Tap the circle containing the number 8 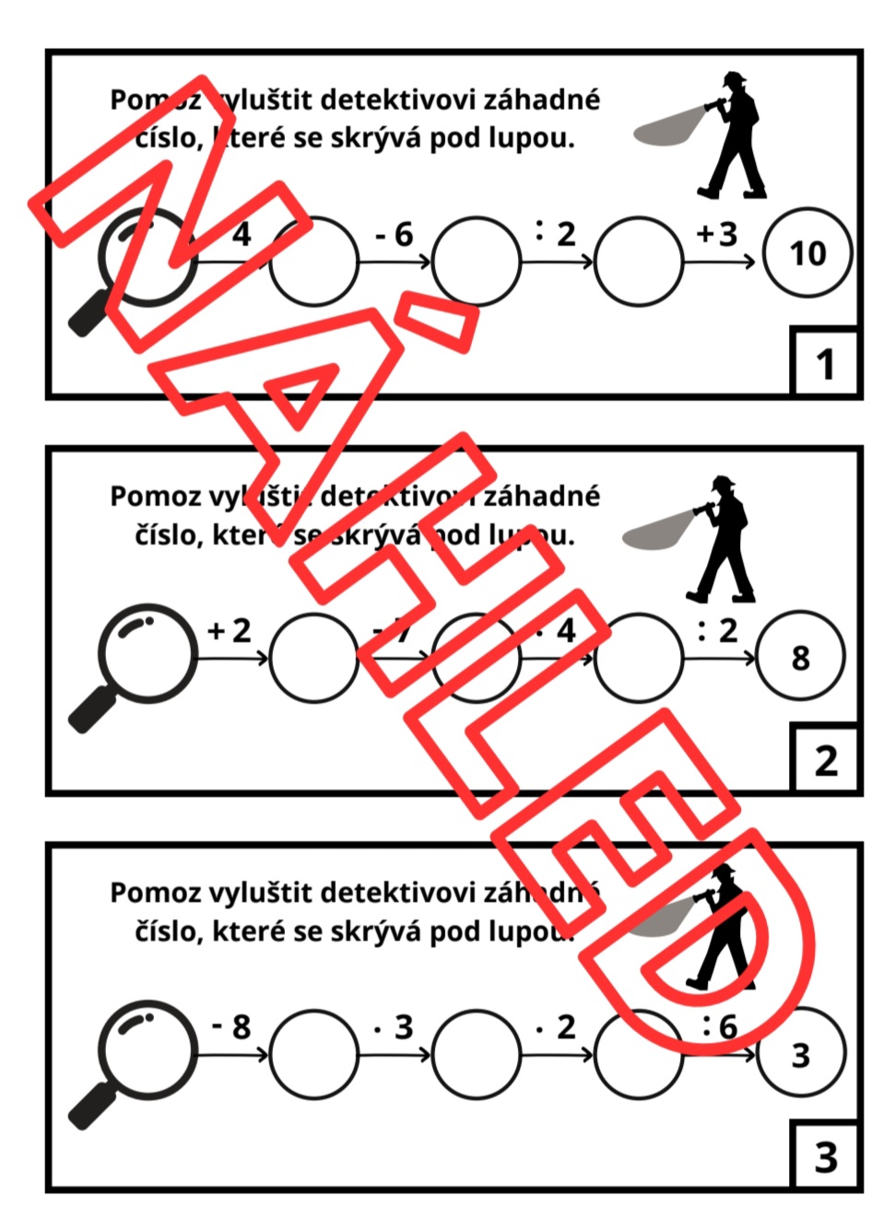[x=800, y=657]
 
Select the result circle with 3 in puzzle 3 [x=800, y=1054]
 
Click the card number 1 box [x=825, y=363]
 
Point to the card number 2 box [x=825, y=760]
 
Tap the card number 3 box [x=825, y=1157]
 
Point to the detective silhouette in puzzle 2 [x=724, y=538]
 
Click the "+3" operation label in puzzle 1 [x=717, y=233]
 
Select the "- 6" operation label [x=394, y=235]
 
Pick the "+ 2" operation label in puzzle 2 [x=230, y=630]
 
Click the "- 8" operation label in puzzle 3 [x=231, y=1026]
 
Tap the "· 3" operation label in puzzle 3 [x=394, y=1026]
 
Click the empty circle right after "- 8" [x=313, y=1054]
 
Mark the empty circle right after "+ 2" [x=313, y=657]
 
